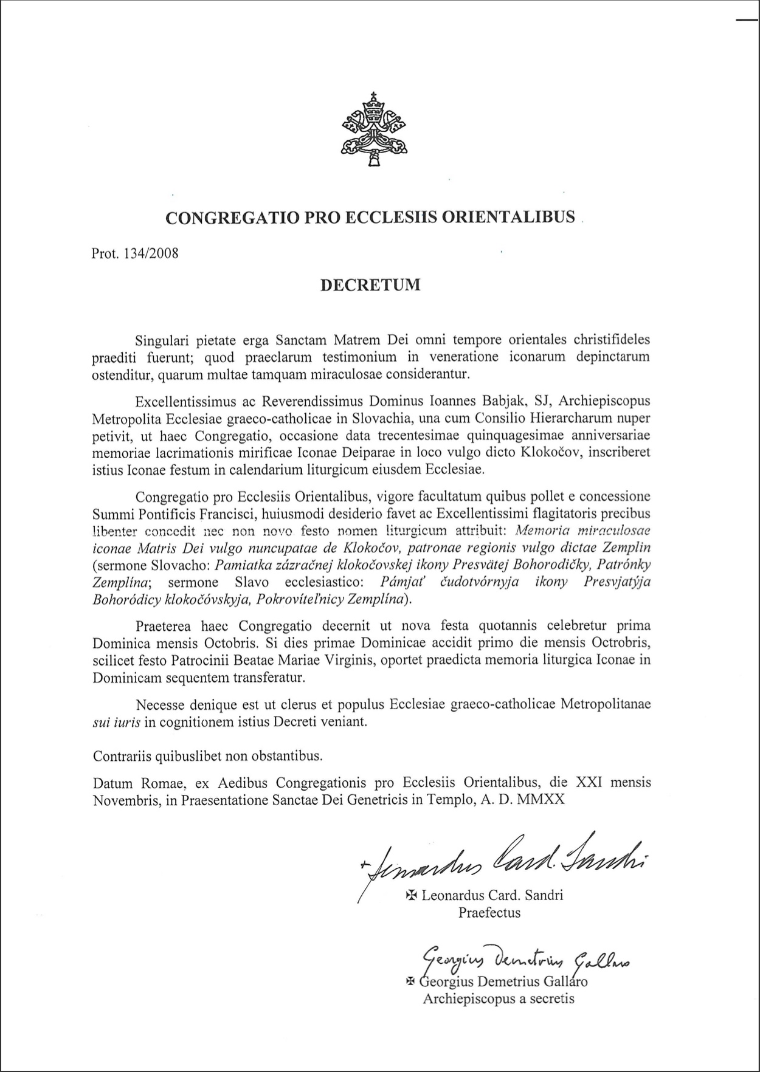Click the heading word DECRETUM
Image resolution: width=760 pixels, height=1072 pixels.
pos(370,285)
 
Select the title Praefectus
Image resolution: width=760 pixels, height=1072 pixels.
pos(489,912)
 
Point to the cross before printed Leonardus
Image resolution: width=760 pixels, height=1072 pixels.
pos(411,895)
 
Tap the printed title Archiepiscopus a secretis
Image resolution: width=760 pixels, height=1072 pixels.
pos(499,998)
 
